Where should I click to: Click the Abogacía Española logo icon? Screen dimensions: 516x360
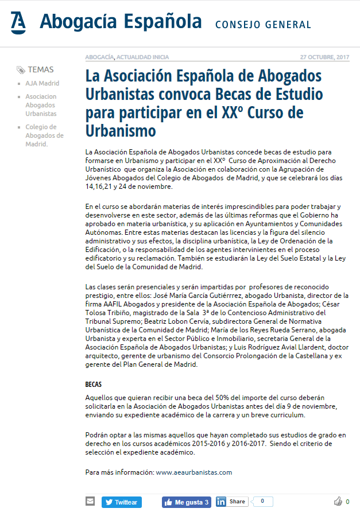(18, 22)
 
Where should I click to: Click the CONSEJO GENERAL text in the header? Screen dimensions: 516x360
(263, 25)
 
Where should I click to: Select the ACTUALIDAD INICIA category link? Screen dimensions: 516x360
(143, 57)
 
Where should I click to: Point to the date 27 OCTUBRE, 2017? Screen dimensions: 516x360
(324, 57)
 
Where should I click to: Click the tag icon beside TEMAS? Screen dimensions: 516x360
(21, 70)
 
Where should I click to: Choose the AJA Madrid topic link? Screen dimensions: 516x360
(42, 83)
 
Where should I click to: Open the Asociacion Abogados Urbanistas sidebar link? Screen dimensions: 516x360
(41, 105)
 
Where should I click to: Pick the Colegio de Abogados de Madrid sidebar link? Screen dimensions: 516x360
(44, 135)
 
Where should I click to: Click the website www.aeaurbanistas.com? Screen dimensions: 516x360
(193, 472)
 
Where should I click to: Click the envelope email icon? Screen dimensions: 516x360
(90, 501)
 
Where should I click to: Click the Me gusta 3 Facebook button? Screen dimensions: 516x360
(187, 502)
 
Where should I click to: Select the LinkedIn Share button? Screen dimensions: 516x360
(232, 502)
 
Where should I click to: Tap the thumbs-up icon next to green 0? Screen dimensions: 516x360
(338, 502)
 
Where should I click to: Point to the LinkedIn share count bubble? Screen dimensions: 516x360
(262, 501)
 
